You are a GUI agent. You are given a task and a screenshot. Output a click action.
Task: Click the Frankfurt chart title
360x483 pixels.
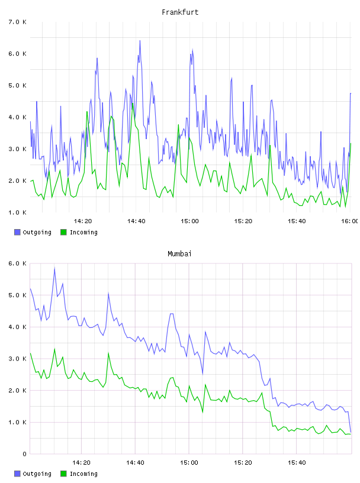click(180, 12)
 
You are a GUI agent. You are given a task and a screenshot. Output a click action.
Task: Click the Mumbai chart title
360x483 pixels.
click(179, 254)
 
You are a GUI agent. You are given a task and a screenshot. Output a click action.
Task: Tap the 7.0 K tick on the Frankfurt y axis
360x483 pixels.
click(18, 22)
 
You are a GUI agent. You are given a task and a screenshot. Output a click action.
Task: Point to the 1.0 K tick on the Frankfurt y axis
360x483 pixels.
click(18, 212)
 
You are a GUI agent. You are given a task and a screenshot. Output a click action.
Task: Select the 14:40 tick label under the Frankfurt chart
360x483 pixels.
click(136, 221)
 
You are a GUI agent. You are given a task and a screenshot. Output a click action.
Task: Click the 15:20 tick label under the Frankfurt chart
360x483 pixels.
click(243, 221)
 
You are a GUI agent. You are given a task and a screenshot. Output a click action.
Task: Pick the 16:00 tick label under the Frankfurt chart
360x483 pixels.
click(350, 221)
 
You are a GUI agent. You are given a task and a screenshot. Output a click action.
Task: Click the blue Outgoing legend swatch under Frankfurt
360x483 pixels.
click(17, 232)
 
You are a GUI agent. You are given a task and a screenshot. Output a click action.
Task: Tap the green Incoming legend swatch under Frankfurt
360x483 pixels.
click(63, 232)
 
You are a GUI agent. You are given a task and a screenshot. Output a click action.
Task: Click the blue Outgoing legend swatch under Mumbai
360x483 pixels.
click(17, 474)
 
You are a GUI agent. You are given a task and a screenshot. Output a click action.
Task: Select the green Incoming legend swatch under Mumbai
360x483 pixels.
click(63, 474)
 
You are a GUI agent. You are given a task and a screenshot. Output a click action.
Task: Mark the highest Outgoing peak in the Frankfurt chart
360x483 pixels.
click(140, 41)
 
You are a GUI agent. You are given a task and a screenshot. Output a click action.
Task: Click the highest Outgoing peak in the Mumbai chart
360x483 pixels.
click(54, 268)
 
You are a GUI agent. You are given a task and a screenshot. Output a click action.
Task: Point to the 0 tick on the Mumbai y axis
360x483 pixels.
click(24, 454)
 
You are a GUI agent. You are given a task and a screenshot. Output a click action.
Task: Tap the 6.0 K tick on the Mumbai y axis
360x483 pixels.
click(18, 263)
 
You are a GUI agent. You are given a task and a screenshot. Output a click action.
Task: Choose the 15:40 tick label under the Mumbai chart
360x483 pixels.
click(297, 463)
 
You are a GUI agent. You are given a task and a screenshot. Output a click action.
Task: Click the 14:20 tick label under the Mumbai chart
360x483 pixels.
click(81, 463)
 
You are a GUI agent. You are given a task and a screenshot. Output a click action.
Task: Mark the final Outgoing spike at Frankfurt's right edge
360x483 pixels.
click(351, 94)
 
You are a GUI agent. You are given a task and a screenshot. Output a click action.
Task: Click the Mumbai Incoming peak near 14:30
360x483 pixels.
click(108, 353)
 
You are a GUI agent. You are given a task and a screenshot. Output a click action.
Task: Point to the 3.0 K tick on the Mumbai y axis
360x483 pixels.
click(18, 359)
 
